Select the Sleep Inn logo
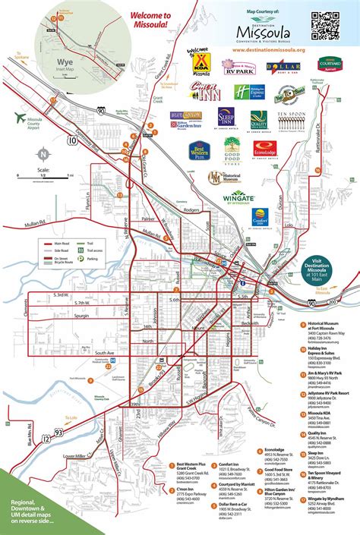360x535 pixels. (x=226, y=118)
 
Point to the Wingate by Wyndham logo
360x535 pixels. (x=242, y=198)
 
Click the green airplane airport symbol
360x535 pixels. (x=21, y=117)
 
